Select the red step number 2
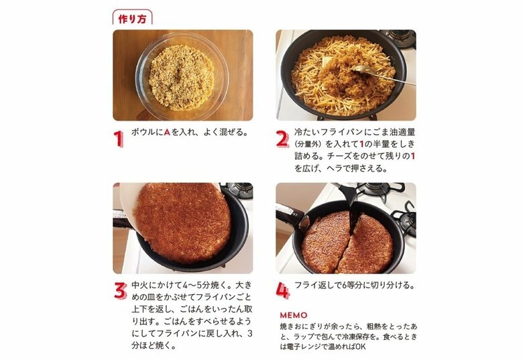[x=282, y=139]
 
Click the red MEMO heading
[x=294, y=314]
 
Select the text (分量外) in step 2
[x=310, y=144]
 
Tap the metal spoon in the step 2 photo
[x=375, y=71]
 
